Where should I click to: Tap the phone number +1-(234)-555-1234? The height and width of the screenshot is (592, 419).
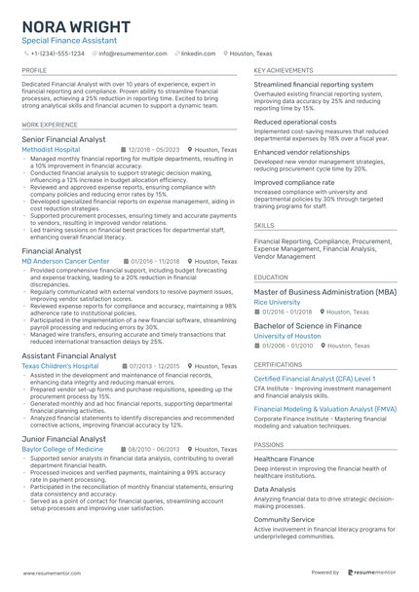pyautogui.click(x=57, y=55)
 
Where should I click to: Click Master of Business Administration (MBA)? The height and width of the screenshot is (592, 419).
pyautogui.click(x=324, y=291)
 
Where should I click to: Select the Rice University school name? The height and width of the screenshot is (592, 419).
pyautogui.click(x=277, y=302)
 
